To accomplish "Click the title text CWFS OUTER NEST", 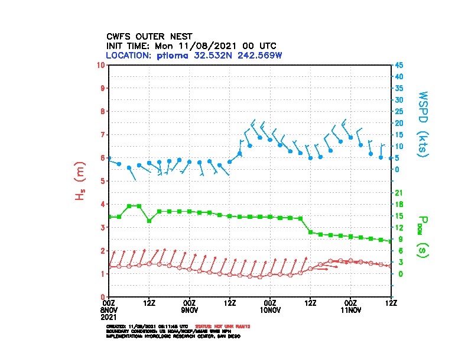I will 149,36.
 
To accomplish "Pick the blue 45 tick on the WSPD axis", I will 399,65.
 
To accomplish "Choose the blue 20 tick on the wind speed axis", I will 399,123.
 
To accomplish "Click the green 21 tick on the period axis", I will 399,193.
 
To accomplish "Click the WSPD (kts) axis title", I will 423,123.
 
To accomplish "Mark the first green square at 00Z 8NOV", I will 109,216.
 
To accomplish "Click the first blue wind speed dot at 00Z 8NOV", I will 109,159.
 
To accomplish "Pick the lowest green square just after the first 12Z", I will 149,221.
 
